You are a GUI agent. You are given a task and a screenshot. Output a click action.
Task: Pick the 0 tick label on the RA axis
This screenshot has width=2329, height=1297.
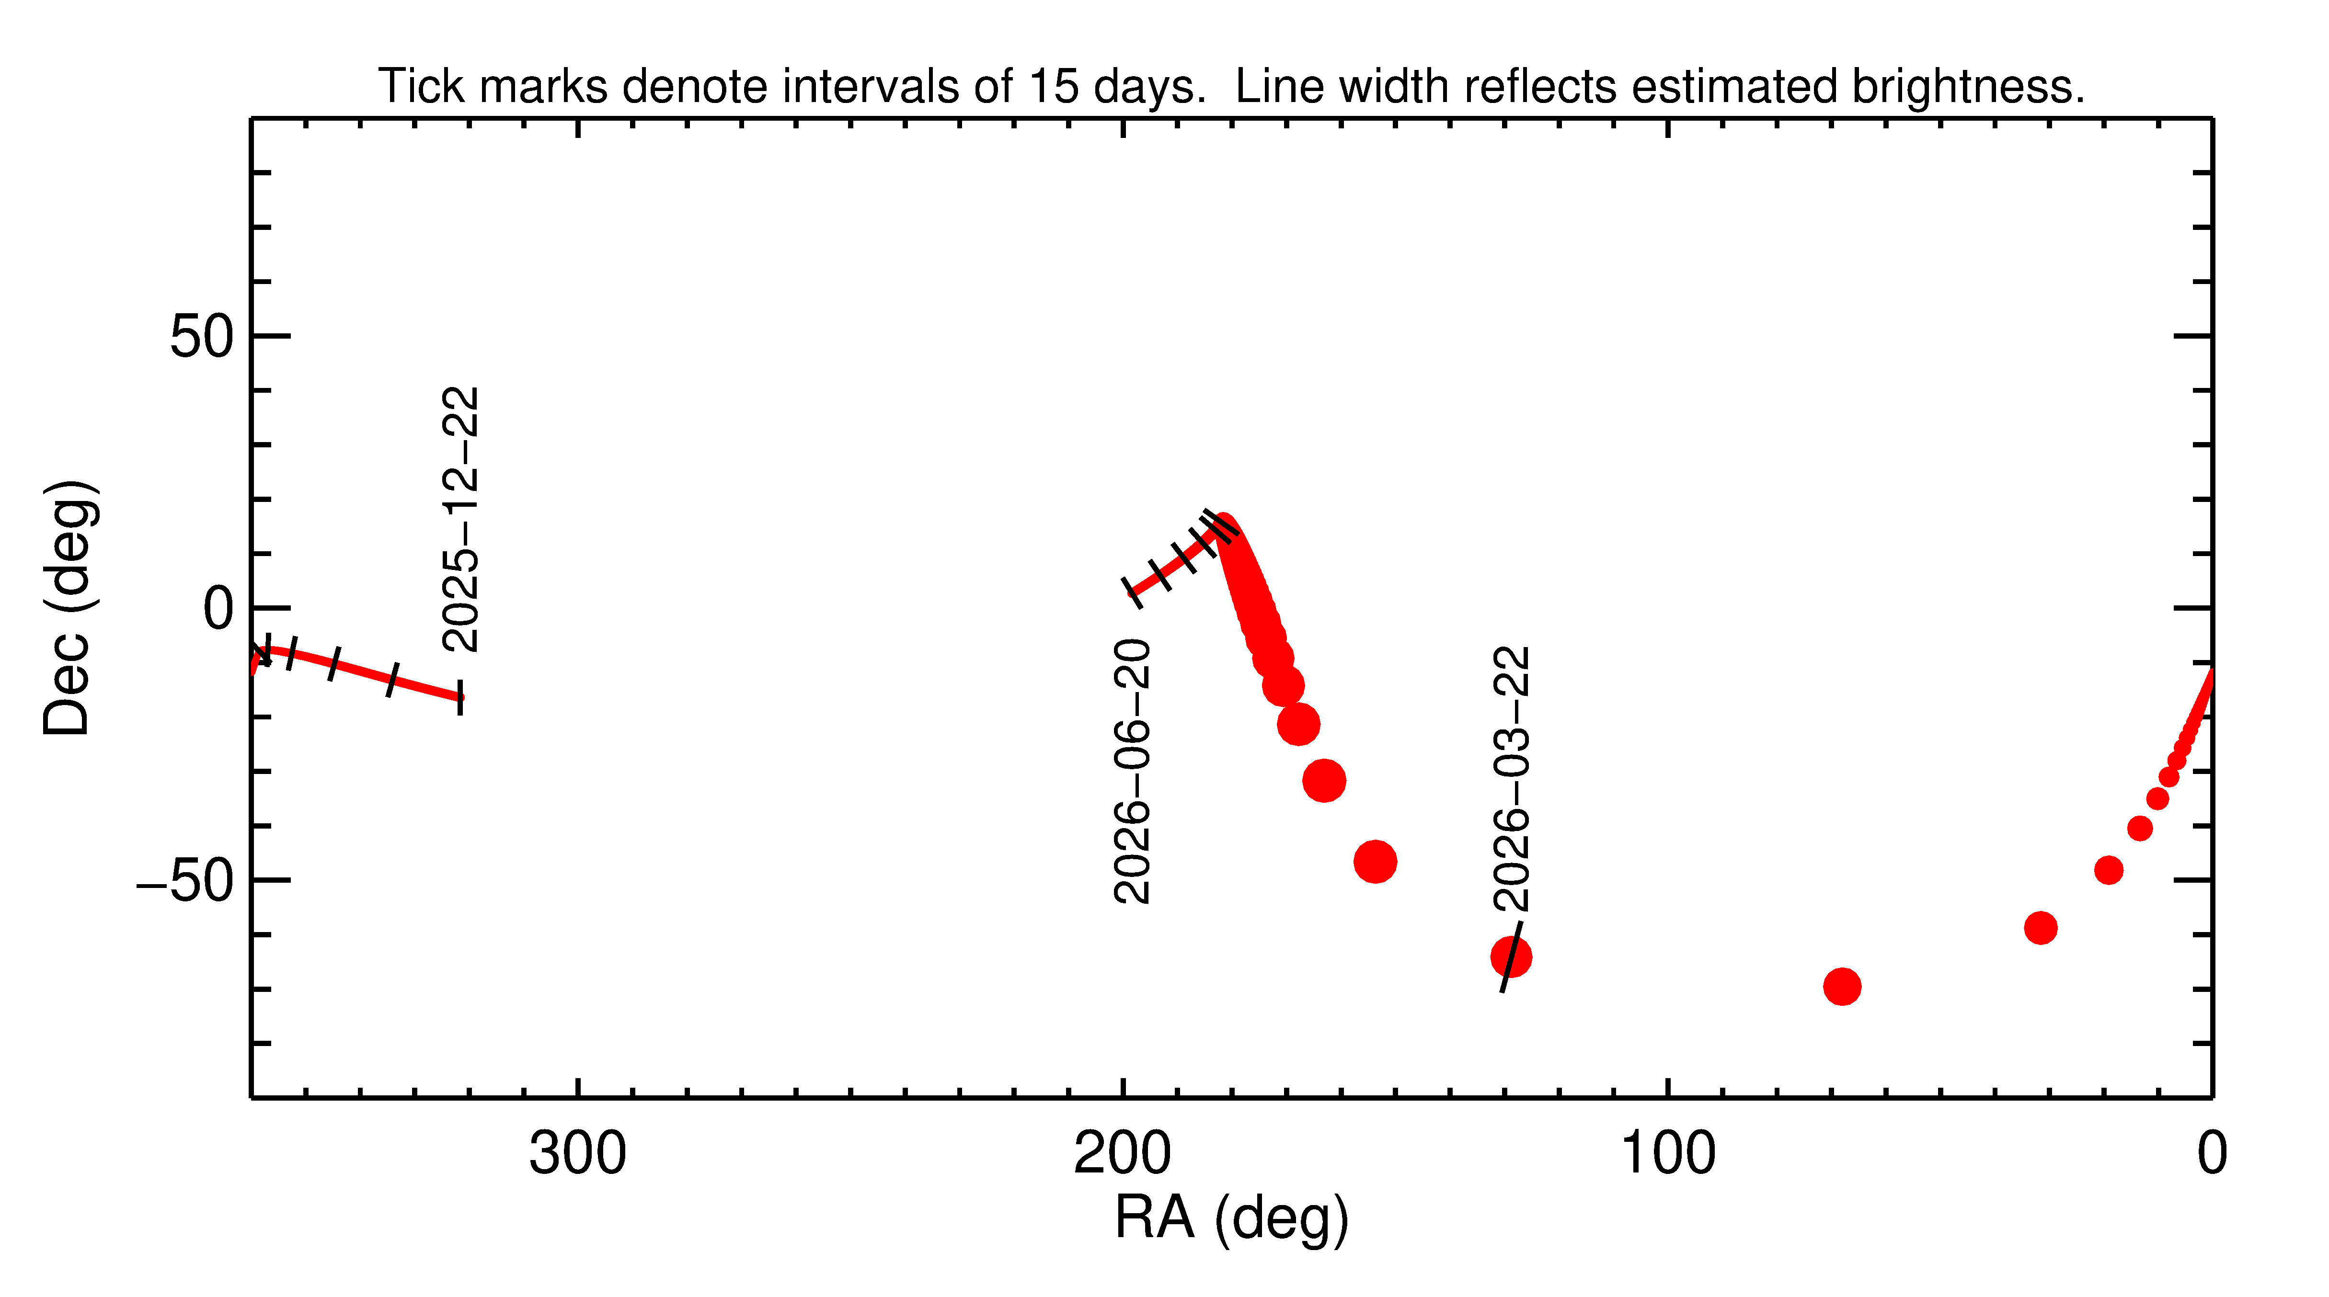click(x=2212, y=1154)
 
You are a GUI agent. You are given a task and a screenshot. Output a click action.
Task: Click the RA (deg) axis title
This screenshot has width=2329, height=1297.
click(x=1231, y=1218)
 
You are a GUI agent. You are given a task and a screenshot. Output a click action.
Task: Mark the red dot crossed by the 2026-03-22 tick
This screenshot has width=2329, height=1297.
click(x=1511, y=957)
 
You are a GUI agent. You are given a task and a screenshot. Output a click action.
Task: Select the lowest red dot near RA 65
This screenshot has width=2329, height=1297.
click(x=1842, y=986)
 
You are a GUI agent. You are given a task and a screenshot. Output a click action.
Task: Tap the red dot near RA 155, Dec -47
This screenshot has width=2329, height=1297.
click(x=1375, y=861)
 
